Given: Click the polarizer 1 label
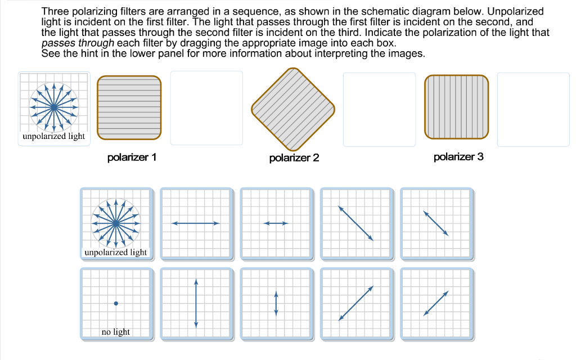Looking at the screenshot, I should point(132,157).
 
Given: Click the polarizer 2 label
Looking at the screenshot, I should point(294,158).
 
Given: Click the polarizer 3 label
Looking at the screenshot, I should point(458,157).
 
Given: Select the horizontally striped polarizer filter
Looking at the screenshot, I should point(129,107).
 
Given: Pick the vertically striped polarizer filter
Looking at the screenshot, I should point(457,107).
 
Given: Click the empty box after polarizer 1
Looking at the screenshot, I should point(206,107).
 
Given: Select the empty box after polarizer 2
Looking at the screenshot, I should point(379,108).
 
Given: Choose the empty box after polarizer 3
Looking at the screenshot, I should point(533,108).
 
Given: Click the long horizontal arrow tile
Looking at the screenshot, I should point(196,224).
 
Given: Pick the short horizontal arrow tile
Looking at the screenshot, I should point(276,224).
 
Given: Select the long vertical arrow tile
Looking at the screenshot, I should point(196,303).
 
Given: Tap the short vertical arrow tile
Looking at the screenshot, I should point(276,303).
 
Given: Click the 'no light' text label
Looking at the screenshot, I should point(115,332).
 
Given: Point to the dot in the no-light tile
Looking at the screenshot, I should point(116,303).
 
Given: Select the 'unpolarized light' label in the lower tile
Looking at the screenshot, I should point(115,253).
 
